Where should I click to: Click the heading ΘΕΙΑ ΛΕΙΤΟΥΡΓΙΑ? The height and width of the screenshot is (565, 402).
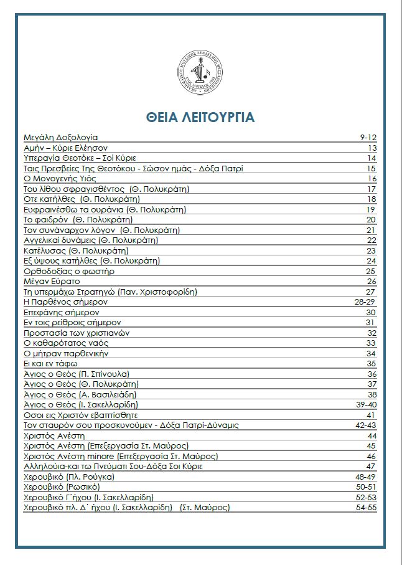[200, 118]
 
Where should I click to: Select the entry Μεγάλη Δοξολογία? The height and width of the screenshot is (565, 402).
[60, 138]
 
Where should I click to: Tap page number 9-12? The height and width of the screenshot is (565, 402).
[368, 138]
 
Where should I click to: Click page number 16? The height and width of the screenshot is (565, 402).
[372, 178]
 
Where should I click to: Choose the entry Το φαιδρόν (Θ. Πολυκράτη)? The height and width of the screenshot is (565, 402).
[78, 219]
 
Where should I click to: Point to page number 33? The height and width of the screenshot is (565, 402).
[372, 343]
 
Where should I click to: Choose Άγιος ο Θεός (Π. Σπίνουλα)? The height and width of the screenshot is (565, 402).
[76, 374]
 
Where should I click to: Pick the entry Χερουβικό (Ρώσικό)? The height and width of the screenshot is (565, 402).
[61, 487]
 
